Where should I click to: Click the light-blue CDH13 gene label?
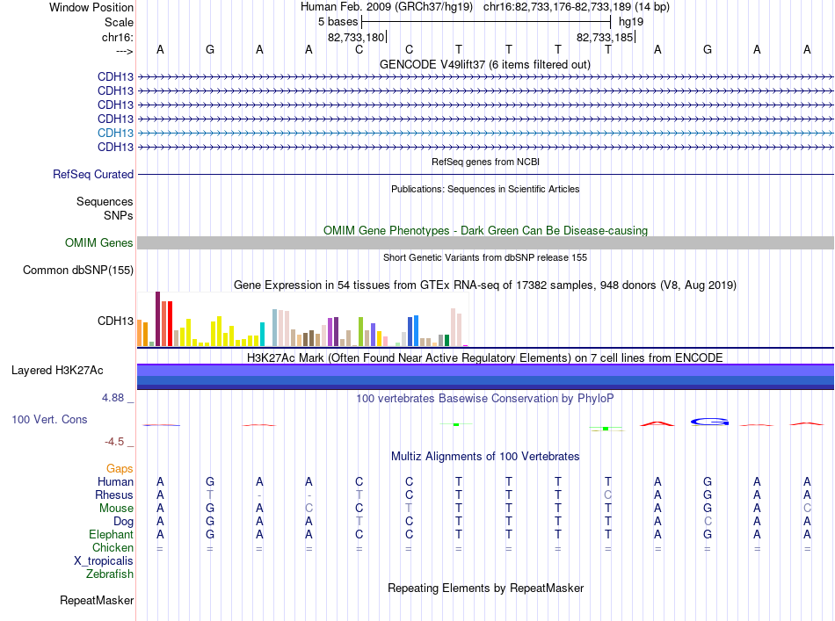tap(115, 133)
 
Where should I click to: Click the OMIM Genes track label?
tap(98, 242)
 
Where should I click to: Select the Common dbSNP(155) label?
tap(77, 271)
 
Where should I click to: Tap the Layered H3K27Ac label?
tap(57, 371)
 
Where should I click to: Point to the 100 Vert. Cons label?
tap(49, 419)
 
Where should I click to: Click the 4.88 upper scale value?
tap(113, 398)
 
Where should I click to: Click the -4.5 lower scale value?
tap(114, 442)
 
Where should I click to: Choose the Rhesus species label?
tap(114, 495)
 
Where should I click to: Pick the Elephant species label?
tap(111, 534)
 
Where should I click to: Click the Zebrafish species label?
tap(110, 574)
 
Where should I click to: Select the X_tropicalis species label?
tap(104, 561)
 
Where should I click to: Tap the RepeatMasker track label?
tap(97, 600)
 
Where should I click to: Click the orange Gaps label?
tap(120, 469)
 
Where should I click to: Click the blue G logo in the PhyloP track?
tap(709, 422)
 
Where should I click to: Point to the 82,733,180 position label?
tap(355, 37)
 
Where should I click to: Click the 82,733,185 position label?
tap(605, 37)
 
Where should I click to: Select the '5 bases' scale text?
tap(338, 22)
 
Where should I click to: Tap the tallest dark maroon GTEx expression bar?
tap(157, 319)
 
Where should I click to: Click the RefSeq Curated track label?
tap(93, 174)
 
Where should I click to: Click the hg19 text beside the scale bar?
tap(631, 22)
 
